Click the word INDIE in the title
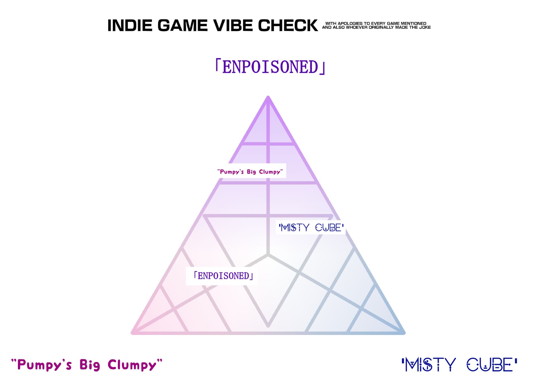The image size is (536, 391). (x=130, y=26)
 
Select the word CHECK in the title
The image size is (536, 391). (x=288, y=26)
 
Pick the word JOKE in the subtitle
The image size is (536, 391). (x=425, y=27)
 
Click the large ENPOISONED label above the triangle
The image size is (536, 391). (x=270, y=67)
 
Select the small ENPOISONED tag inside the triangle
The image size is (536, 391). (x=223, y=276)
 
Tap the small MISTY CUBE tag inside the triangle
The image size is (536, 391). (x=311, y=228)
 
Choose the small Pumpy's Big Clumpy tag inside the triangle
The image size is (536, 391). (x=250, y=172)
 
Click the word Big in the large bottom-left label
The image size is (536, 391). (x=90, y=365)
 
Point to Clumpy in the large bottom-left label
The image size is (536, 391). (x=132, y=365)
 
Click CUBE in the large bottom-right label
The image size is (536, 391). (x=490, y=365)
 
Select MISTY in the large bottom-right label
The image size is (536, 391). (x=430, y=365)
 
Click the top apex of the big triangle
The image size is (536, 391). (x=268, y=97)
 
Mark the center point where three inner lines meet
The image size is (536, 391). (x=268, y=255)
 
